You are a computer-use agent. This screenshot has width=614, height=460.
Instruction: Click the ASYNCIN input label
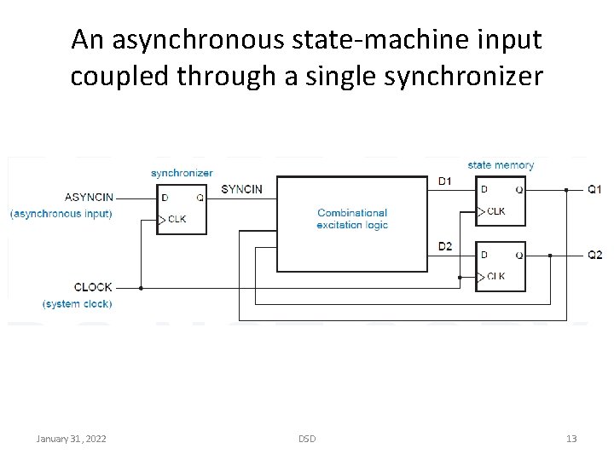pyautogui.click(x=88, y=197)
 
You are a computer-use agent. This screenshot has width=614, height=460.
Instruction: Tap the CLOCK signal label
pyautogui.click(x=93, y=287)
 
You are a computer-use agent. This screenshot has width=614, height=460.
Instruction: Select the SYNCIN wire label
pyautogui.click(x=241, y=188)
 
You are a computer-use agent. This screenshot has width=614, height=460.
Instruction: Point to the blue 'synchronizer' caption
pyautogui.click(x=182, y=173)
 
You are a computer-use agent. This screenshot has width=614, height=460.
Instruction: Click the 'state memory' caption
pyautogui.click(x=501, y=164)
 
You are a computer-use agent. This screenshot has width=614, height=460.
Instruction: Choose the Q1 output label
pyautogui.click(x=594, y=188)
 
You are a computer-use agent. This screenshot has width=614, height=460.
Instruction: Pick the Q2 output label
pyautogui.click(x=594, y=255)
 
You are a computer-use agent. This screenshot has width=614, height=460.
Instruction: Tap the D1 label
pyautogui.click(x=445, y=181)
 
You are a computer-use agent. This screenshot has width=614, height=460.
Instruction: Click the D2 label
pyautogui.click(x=445, y=247)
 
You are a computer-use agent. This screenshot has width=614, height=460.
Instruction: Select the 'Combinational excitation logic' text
pyautogui.click(x=352, y=219)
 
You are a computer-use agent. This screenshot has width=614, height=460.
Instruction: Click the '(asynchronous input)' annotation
pyautogui.click(x=61, y=213)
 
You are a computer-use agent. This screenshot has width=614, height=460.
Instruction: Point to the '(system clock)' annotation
pyautogui.click(x=77, y=303)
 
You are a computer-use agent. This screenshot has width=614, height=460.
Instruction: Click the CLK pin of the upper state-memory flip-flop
pyautogui.click(x=495, y=210)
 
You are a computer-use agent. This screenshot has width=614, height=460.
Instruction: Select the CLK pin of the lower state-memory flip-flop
pyautogui.click(x=495, y=276)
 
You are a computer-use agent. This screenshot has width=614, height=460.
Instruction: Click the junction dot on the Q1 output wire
pyautogui.click(x=565, y=189)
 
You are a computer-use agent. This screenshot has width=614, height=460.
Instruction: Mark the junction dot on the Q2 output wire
pyautogui.click(x=550, y=255)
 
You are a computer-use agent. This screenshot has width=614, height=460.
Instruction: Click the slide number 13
pyautogui.click(x=571, y=438)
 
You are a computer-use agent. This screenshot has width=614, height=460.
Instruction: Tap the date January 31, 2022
pyautogui.click(x=71, y=438)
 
